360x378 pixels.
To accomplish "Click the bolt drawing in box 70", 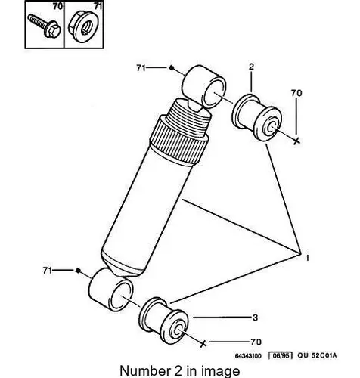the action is (45, 26).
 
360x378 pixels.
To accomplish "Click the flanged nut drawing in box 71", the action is (82, 26).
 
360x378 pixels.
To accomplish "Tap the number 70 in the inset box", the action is (57, 6).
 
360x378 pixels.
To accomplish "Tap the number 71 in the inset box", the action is (98, 6).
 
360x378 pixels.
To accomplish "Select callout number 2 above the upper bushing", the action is (251, 67).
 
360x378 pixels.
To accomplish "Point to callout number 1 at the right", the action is (307, 258).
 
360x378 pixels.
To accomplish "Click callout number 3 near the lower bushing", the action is (255, 318).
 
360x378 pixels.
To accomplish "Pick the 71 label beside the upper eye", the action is (141, 67).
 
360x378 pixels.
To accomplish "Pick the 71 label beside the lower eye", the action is (48, 271).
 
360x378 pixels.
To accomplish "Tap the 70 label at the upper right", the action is (296, 93).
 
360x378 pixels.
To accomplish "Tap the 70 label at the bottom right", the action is (256, 342).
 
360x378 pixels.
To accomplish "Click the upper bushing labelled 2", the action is (256, 117).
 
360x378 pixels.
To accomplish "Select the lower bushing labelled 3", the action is (163, 321).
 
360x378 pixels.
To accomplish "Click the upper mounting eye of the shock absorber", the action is (204, 86).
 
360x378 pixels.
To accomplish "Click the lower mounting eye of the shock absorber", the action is (111, 290).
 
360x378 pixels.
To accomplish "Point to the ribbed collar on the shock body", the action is (179, 141).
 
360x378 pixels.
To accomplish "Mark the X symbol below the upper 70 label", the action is (297, 141).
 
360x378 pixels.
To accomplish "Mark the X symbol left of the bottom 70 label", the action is (203, 343).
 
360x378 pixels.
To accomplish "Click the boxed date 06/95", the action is (280, 355).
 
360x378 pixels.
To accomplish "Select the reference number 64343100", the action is (248, 356).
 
